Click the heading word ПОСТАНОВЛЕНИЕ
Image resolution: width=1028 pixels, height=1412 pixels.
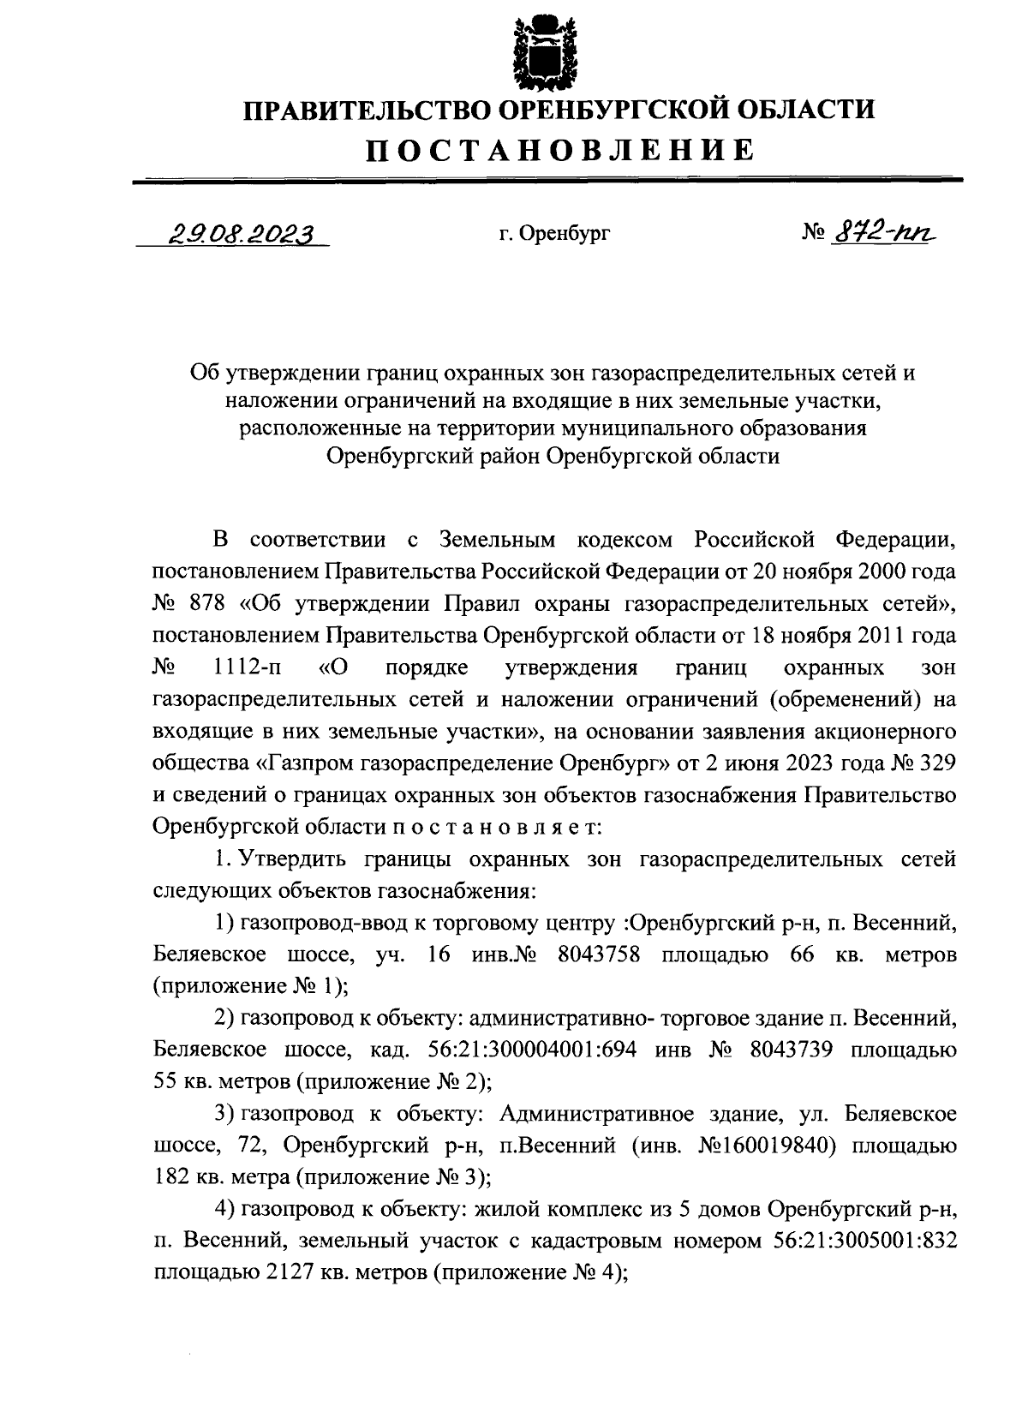(x=561, y=150)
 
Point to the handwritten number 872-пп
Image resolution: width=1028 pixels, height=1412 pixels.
(x=882, y=230)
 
